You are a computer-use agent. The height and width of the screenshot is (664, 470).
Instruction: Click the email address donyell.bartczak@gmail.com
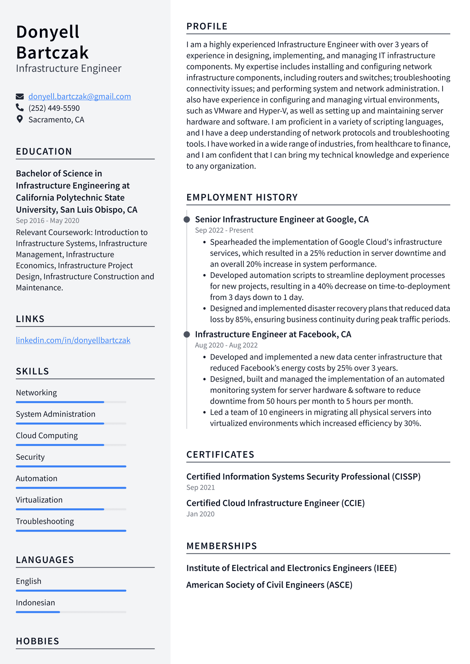pos(79,96)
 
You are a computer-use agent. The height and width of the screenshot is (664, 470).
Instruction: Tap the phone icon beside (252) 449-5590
pos(20,108)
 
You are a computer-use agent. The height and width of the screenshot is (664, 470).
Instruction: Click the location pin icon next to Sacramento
pos(20,119)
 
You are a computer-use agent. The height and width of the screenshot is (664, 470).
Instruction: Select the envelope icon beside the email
pos(20,96)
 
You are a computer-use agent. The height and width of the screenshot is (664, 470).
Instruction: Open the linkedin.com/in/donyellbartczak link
pos(73,340)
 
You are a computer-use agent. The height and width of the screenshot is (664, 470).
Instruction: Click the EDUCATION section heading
pos(44,152)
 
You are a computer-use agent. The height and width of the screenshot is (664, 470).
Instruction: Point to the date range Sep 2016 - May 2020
pos(48,221)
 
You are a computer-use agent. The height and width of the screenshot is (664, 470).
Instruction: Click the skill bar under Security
pos(71,466)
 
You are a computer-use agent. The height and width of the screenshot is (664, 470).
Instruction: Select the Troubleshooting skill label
pos(45,521)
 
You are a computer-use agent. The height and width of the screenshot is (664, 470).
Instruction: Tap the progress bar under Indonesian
pos(71,612)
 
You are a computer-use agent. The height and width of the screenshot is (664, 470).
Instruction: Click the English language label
pos(28,581)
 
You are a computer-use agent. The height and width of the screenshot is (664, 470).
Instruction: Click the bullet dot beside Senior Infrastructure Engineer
pos(187,219)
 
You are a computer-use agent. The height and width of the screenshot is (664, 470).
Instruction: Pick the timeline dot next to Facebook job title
pos(187,334)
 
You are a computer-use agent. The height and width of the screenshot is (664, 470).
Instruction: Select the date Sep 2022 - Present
pos(224,230)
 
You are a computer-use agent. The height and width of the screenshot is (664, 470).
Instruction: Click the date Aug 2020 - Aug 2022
pos(226,345)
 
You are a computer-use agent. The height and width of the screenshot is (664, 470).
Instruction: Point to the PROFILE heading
pos(207,26)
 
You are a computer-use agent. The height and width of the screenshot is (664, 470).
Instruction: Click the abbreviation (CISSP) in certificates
pos(406,476)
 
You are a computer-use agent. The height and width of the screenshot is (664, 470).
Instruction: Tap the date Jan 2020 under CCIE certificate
pos(200,514)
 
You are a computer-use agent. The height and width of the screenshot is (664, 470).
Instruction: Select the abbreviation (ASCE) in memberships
pos(338,585)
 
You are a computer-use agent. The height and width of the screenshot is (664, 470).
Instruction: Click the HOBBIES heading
pos(38,641)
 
